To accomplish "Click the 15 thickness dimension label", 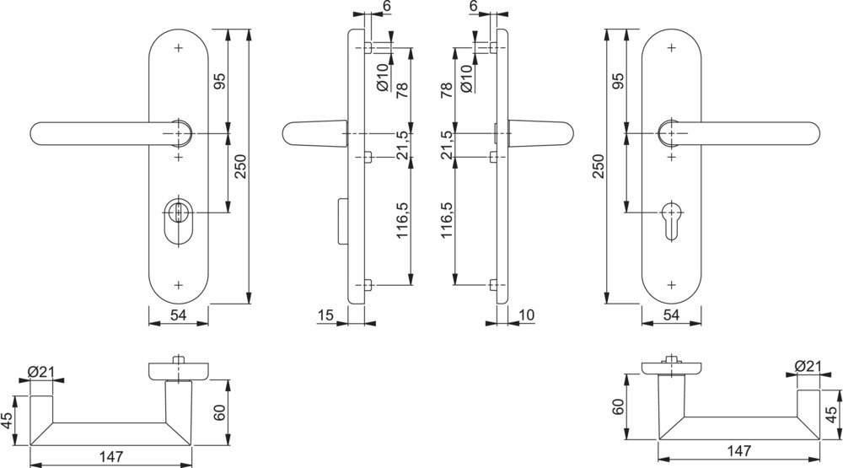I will (327, 315).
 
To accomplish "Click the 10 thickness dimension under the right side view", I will (528, 315).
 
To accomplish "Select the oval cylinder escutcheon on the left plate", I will (178, 221).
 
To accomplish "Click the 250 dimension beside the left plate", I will (240, 169).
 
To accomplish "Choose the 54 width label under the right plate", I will (672, 315).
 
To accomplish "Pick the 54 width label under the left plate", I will (179, 315).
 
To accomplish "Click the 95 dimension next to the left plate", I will (219, 82).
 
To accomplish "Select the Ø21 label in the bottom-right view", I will (808, 366).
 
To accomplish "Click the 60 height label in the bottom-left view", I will (219, 413).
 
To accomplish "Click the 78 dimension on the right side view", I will (447, 89).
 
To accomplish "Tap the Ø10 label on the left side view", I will (381, 78).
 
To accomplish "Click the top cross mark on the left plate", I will (178, 48).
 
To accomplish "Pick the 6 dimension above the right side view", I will (474, 7).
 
